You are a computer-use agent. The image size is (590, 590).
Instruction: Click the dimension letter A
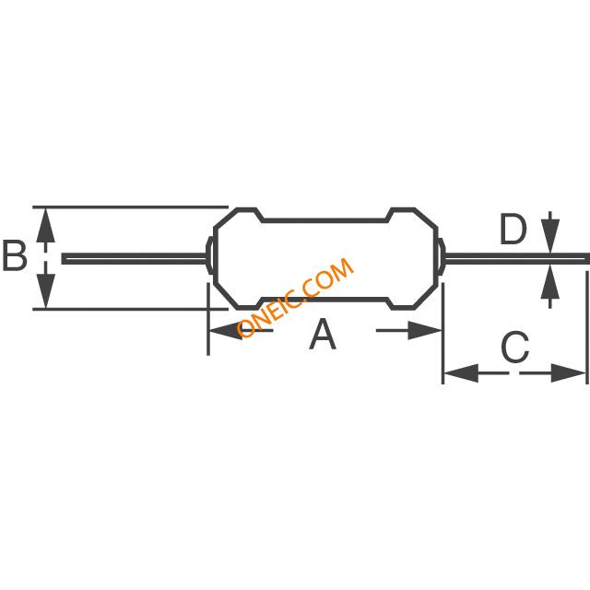(322, 334)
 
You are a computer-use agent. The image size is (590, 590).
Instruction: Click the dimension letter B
(15, 256)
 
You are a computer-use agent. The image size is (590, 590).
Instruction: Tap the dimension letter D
(513, 230)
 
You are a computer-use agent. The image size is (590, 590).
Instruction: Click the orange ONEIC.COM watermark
(295, 298)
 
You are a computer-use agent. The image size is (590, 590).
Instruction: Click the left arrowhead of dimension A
(222, 332)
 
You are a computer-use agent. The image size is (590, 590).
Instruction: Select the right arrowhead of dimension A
(428, 332)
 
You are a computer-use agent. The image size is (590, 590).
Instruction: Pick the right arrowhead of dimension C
(572, 373)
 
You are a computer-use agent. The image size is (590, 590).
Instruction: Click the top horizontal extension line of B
(129, 206)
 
